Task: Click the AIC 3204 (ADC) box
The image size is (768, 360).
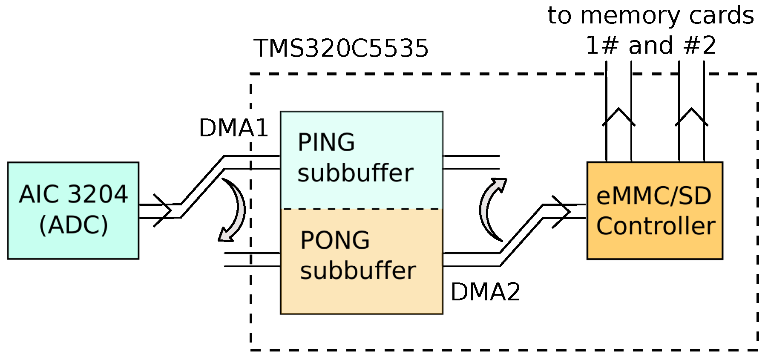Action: [x=73, y=210]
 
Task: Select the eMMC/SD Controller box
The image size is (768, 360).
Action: [x=654, y=210]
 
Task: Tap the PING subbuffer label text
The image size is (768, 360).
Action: [x=355, y=158]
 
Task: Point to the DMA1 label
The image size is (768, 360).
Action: [x=233, y=128]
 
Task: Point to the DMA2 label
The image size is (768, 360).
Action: [x=485, y=292]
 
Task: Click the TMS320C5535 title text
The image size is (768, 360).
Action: [x=341, y=48]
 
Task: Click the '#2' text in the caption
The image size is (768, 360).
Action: [x=699, y=46]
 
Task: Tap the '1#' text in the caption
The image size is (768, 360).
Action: [x=601, y=46]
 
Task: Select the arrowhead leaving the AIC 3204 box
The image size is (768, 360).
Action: [x=164, y=210]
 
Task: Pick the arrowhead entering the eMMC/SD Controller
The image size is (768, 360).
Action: [x=562, y=211]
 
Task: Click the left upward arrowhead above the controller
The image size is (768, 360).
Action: [x=618, y=116]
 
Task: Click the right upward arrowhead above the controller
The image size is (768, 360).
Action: [x=691, y=116]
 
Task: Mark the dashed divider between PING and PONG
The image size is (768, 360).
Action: [x=361, y=209]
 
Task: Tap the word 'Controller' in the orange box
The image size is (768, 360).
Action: [x=655, y=226]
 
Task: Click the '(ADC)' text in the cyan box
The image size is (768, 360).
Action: [x=73, y=225]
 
